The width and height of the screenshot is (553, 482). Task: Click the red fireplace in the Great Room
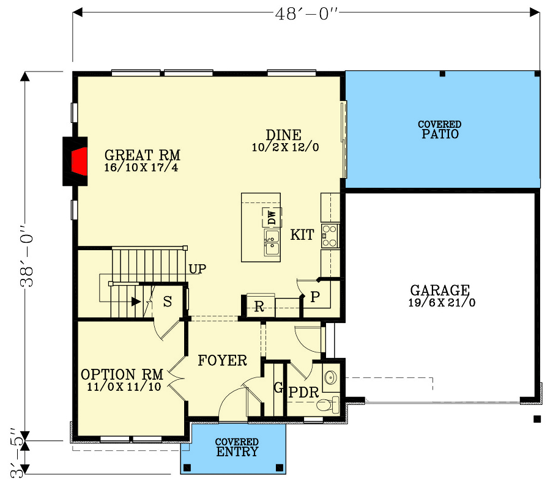coord(77,161)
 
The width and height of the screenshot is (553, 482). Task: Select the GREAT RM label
coord(142,155)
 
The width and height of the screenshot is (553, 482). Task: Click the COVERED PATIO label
coord(440,130)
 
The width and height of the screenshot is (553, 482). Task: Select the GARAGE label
coord(440,290)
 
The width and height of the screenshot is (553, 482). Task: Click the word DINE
coord(284,135)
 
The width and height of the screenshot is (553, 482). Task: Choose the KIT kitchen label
coord(302,235)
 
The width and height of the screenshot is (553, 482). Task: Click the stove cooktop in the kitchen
coord(330,235)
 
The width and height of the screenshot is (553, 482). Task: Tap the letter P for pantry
coord(315,297)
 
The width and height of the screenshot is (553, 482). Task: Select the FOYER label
coord(223,361)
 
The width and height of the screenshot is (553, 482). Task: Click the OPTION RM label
coord(122,374)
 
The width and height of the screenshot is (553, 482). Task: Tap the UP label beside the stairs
coord(197,269)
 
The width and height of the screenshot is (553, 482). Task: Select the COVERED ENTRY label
coord(237,447)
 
